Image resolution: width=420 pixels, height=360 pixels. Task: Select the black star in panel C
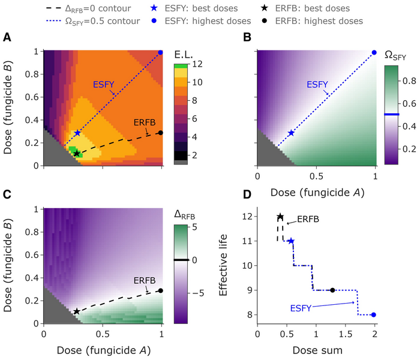tap(77, 312)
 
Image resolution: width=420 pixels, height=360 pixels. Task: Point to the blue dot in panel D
tap(373, 314)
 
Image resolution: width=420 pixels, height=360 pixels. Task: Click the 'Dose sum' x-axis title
tap(316, 347)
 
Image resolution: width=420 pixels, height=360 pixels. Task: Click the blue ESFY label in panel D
tap(304, 308)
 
